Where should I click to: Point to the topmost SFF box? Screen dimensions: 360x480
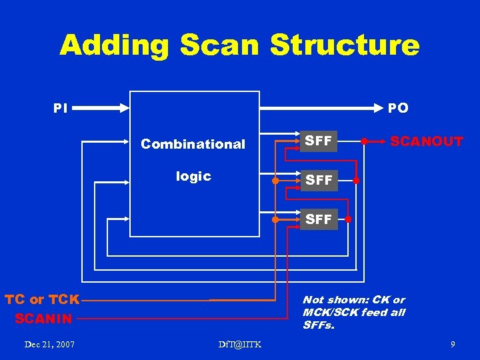pyautogui.click(x=318, y=141)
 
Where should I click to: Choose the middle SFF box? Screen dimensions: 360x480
pyautogui.click(x=318, y=180)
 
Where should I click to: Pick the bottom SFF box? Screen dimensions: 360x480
pyautogui.click(x=318, y=219)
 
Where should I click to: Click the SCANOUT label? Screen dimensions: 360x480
pyautogui.click(x=427, y=141)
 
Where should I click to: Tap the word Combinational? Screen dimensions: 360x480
pyautogui.click(x=193, y=144)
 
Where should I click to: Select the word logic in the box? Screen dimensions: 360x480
pyautogui.click(x=193, y=176)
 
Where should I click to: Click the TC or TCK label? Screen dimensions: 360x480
pyautogui.click(x=42, y=299)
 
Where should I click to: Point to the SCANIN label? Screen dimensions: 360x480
pyautogui.click(x=43, y=319)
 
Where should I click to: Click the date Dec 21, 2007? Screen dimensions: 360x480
pyautogui.click(x=49, y=344)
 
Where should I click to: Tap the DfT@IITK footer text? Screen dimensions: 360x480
pyautogui.click(x=240, y=344)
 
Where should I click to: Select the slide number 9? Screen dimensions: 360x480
pyautogui.click(x=453, y=344)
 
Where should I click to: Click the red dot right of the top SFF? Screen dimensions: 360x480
pyautogui.click(x=364, y=141)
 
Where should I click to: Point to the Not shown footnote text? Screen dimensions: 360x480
pyautogui.click(x=354, y=312)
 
